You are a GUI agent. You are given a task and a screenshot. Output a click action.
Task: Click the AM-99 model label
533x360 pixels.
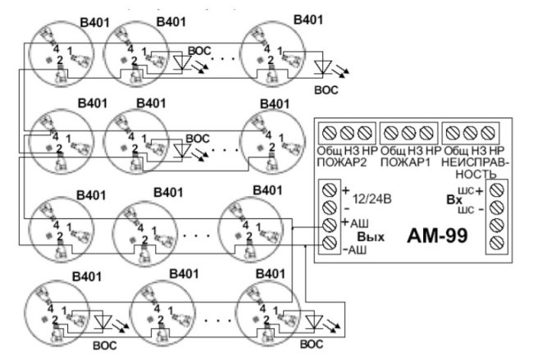click(437, 236)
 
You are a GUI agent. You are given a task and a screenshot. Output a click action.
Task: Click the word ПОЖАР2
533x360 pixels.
click(340, 162)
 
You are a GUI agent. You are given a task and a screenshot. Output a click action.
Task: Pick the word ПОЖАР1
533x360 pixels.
click(407, 162)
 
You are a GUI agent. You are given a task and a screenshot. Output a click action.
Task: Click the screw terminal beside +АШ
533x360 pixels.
click(330, 225)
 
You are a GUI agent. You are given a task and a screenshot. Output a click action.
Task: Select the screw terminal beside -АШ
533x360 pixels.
click(330, 243)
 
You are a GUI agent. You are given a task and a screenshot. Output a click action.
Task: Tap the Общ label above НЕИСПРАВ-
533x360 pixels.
click(453, 151)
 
